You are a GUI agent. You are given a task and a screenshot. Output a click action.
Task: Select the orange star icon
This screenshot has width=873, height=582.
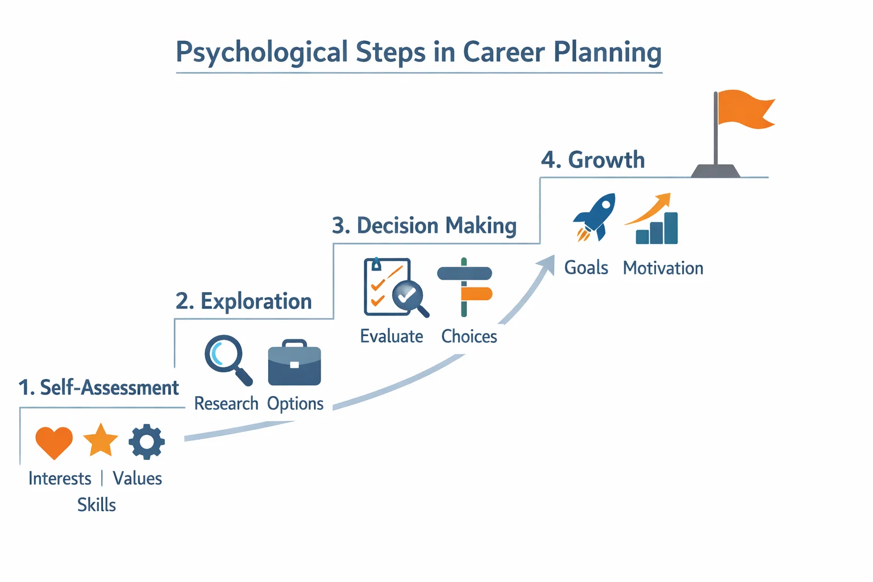tap(101, 440)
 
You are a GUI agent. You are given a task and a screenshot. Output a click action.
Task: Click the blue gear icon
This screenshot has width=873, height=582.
tap(147, 442)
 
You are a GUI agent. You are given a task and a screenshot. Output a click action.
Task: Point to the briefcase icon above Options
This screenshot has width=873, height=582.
tap(294, 363)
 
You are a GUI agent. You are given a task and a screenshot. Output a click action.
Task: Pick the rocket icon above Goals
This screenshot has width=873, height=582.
tap(595, 217)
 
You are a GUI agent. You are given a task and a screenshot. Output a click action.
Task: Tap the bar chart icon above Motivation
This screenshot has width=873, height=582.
tap(652, 219)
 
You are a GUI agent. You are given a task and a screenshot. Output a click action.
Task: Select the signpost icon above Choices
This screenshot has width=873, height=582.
tap(464, 287)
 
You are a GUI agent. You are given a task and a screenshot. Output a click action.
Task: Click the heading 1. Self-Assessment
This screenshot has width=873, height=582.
tap(98, 388)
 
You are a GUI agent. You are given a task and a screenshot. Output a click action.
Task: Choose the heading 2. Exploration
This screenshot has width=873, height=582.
tap(244, 301)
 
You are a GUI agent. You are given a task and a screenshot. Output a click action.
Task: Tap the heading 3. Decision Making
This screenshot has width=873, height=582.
tap(425, 226)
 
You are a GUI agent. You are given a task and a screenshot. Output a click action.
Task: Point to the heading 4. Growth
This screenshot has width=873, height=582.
tap(593, 160)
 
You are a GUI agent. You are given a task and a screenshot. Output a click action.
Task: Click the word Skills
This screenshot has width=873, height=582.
tap(97, 505)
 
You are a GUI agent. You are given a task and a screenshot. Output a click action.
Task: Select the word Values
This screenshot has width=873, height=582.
tap(137, 479)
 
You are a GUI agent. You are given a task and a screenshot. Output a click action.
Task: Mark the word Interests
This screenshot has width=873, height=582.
tap(60, 479)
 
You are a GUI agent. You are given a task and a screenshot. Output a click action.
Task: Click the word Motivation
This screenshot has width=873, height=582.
tap(663, 268)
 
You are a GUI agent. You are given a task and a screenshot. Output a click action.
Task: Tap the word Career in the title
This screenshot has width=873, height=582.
tap(504, 52)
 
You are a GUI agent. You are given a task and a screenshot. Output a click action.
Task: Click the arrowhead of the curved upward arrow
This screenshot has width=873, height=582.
tap(547, 265)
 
